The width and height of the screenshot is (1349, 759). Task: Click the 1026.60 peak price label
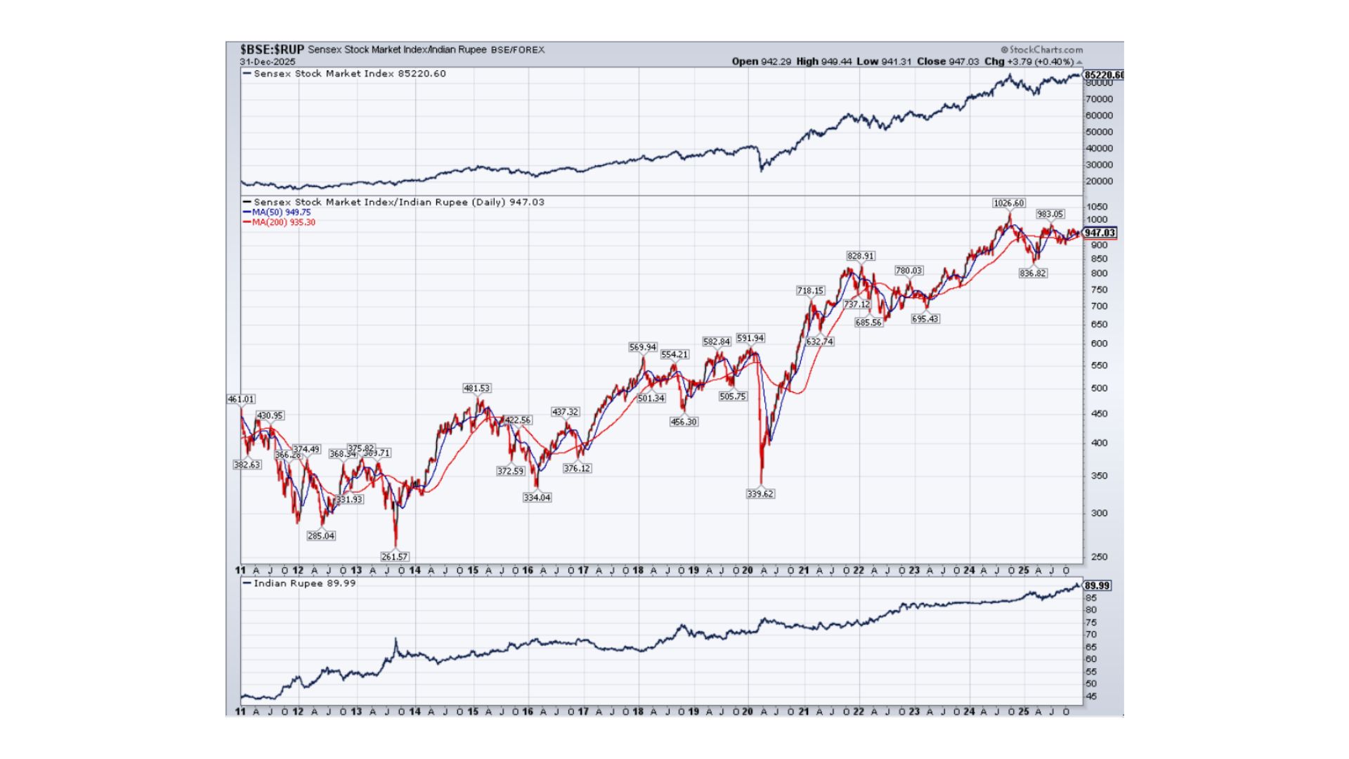pyautogui.click(x=1008, y=203)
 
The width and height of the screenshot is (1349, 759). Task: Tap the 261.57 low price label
pyautogui.click(x=394, y=557)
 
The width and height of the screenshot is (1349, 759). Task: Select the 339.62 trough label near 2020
pyautogui.click(x=760, y=494)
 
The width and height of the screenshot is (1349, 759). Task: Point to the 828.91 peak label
pyautogui.click(x=861, y=257)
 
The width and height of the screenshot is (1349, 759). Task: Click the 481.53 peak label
pyautogui.click(x=476, y=388)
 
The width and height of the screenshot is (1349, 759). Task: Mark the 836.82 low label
pyautogui.click(x=1032, y=273)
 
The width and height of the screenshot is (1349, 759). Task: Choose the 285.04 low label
pyautogui.click(x=321, y=536)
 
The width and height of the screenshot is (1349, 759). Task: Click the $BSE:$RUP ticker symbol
pyautogui.click(x=272, y=50)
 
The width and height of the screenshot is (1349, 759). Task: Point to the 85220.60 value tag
pyautogui.click(x=1103, y=75)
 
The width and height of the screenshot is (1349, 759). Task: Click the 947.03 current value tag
pyautogui.click(x=1100, y=233)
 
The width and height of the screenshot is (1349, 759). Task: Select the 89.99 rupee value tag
pyautogui.click(x=1097, y=585)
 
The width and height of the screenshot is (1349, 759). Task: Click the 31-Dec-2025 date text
pyautogui.click(x=268, y=62)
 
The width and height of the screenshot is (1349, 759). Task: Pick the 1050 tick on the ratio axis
pyautogui.click(x=1097, y=207)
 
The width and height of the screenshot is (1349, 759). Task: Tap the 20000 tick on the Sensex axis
pyautogui.click(x=1099, y=181)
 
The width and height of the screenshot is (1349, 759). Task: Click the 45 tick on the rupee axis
pyautogui.click(x=1091, y=696)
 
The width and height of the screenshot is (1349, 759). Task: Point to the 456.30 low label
pyautogui.click(x=684, y=422)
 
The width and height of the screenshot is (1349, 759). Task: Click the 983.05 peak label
pyautogui.click(x=1050, y=214)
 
